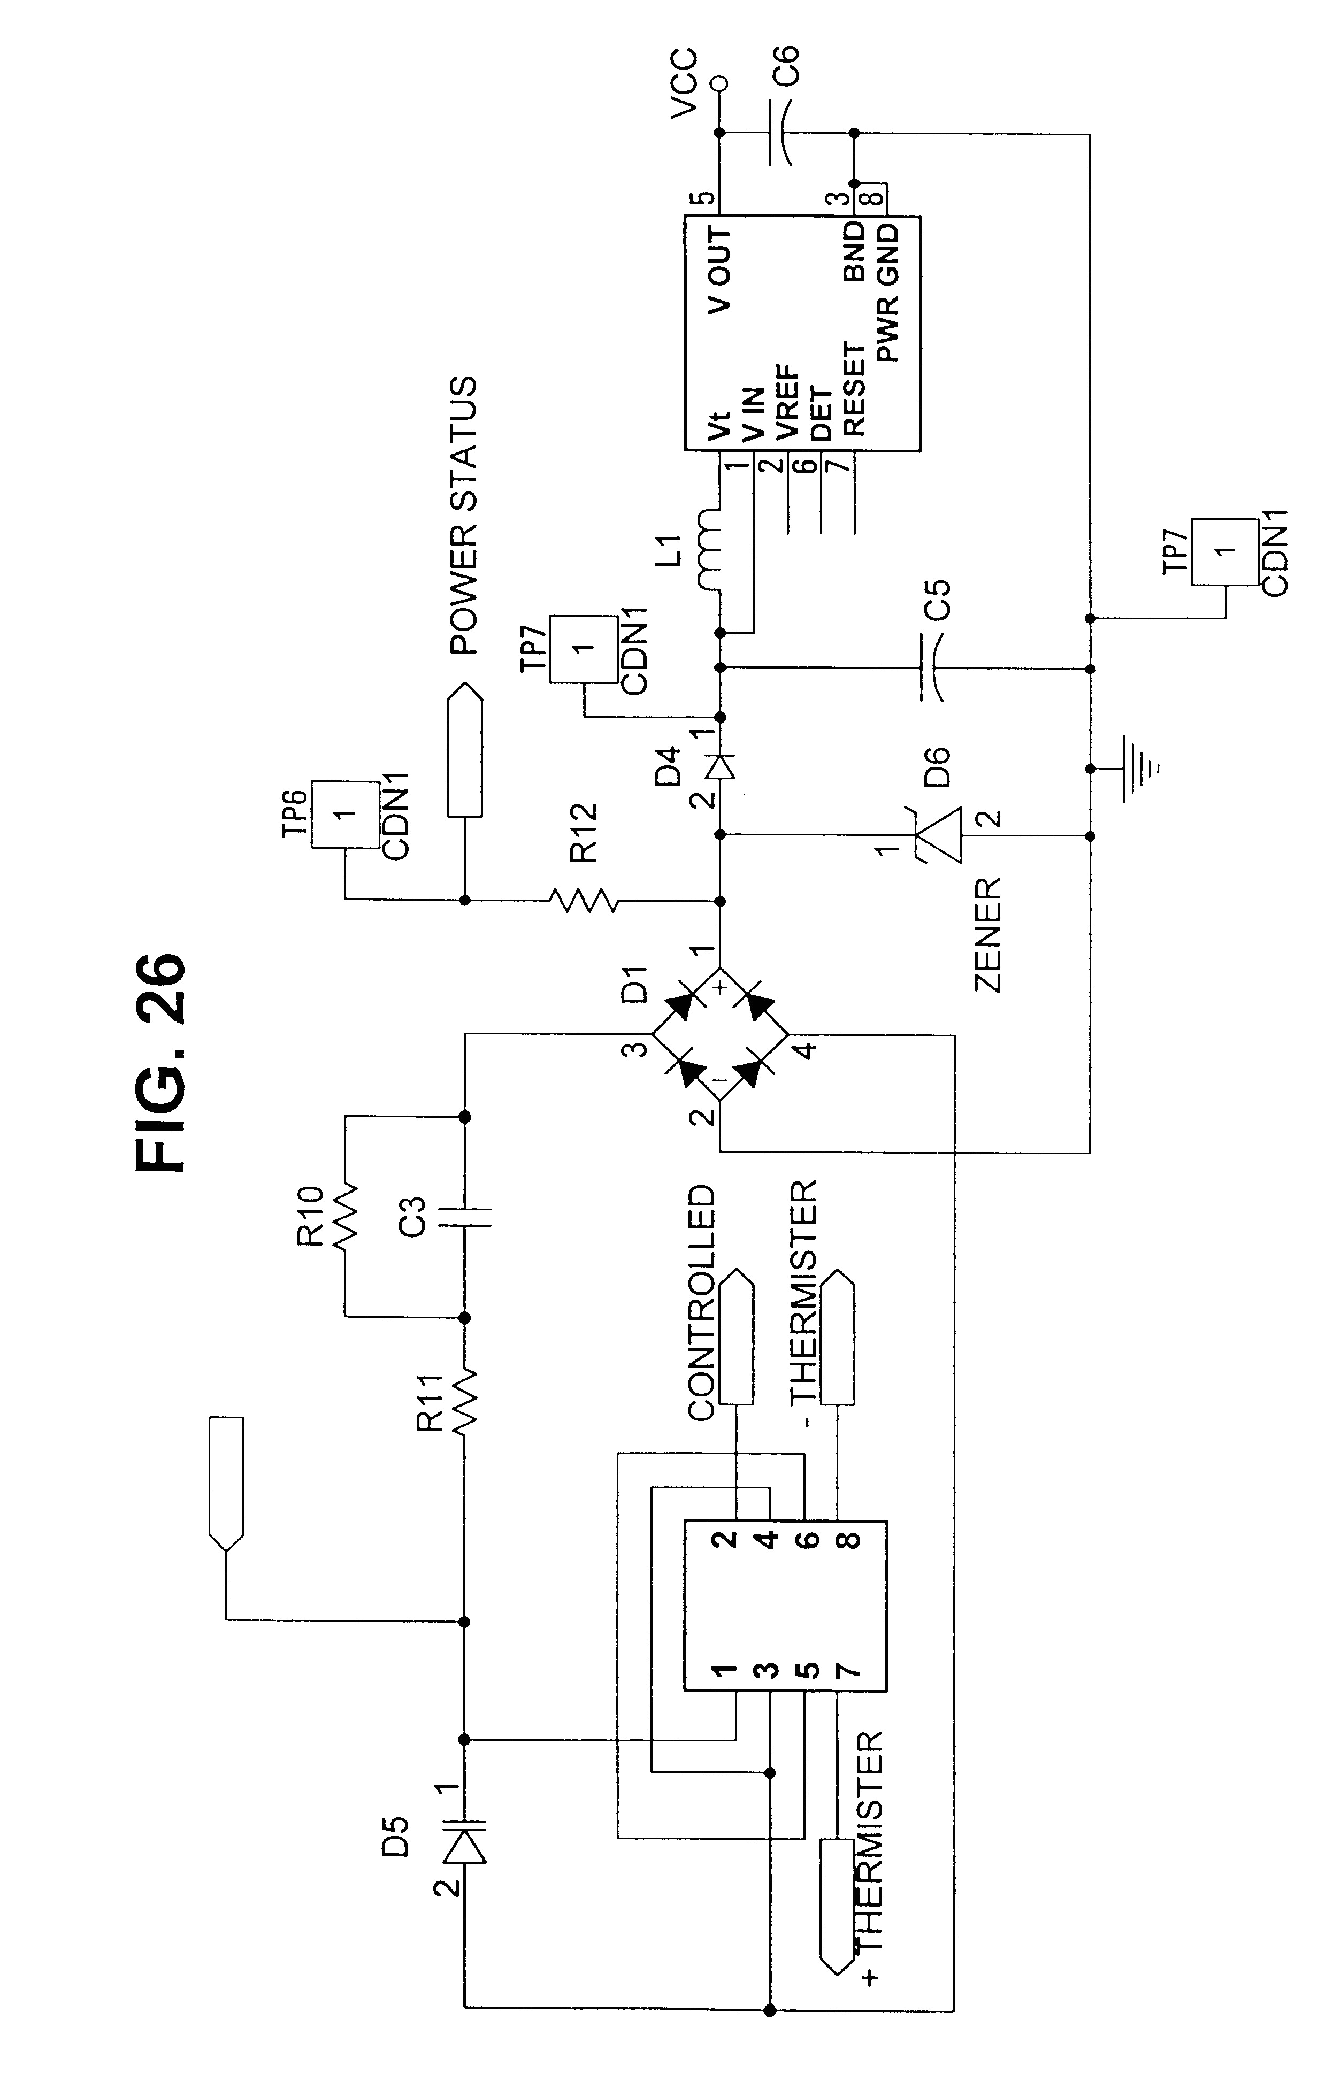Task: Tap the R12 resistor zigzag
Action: click(x=584, y=900)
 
